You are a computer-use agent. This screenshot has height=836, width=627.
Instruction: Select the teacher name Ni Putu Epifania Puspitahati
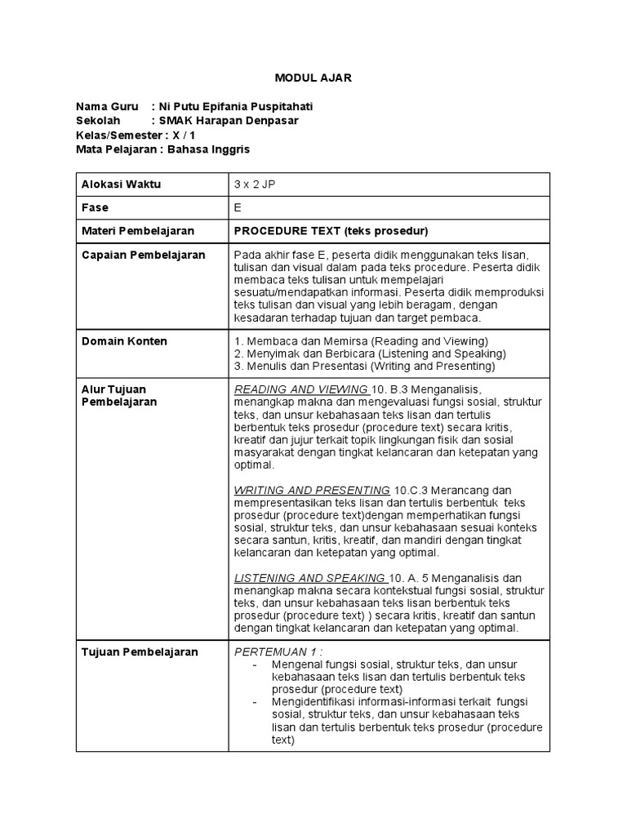(x=237, y=107)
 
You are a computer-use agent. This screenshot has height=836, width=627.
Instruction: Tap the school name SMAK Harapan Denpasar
(x=230, y=121)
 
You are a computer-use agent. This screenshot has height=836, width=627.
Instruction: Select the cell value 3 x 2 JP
(x=255, y=185)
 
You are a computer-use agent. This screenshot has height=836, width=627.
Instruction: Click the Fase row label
(x=96, y=207)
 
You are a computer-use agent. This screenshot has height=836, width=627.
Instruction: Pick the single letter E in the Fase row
(x=238, y=207)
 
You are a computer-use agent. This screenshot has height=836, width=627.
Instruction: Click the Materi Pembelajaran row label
(x=132, y=230)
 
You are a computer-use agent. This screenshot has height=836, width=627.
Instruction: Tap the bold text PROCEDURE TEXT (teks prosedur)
(x=331, y=230)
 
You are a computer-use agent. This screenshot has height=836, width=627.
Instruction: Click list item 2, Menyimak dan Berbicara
(x=370, y=354)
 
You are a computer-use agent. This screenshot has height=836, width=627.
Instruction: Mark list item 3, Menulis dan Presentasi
(x=364, y=367)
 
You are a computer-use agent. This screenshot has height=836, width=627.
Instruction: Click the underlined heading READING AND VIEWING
(x=300, y=389)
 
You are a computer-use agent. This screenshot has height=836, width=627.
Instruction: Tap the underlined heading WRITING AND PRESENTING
(x=312, y=490)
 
